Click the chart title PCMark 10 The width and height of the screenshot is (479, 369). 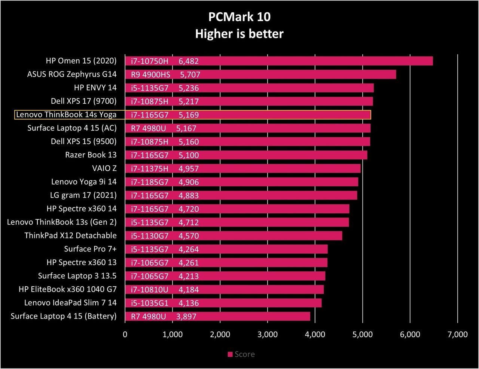[x=239, y=17]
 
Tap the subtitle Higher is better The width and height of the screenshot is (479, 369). [x=239, y=34]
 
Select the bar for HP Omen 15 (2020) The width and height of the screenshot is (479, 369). [x=279, y=61]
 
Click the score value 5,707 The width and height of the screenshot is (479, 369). [x=190, y=74]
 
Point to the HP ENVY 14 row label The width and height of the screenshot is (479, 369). [x=95, y=88]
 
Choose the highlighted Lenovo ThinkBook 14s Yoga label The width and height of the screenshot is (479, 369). [x=66, y=115]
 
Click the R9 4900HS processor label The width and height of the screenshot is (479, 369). [x=150, y=74]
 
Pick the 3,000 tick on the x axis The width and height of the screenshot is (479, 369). [x=268, y=335]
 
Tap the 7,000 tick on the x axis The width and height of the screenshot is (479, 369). [x=458, y=335]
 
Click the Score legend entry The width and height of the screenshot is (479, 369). [x=241, y=354]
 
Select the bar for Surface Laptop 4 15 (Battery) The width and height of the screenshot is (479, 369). [x=217, y=316]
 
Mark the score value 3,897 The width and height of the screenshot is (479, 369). [x=186, y=317]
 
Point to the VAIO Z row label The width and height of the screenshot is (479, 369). [x=104, y=168]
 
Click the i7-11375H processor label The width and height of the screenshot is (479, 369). [x=150, y=169]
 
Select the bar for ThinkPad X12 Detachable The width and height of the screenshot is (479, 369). [x=234, y=236]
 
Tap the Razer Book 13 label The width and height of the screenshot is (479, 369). [x=91, y=155]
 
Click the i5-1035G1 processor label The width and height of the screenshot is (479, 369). [x=150, y=303]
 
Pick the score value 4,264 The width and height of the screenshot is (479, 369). [x=189, y=249]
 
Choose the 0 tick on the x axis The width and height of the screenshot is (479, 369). [x=125, y=335]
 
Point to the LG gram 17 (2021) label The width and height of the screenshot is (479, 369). [x=83, y=195]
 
